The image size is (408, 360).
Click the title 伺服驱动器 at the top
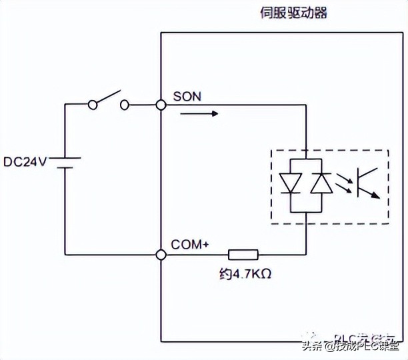(x=293, y=13)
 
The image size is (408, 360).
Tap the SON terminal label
(x=187, y=96)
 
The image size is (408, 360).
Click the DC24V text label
(x=25, y=162)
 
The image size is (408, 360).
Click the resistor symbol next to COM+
(x=243, y=254)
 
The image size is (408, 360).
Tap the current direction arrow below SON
(x=199, y=113)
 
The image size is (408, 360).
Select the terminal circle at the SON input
(x=160, y=105)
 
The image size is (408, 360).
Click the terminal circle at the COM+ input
(x=160, y=254)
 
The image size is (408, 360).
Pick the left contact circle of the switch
(x=93, y=105)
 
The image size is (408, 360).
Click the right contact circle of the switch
(x=124, y=105)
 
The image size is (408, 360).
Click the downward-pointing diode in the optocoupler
(x=291, y=183)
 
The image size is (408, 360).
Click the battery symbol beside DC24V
(x=65, y=163)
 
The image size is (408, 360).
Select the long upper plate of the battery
(x=65, y=159)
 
